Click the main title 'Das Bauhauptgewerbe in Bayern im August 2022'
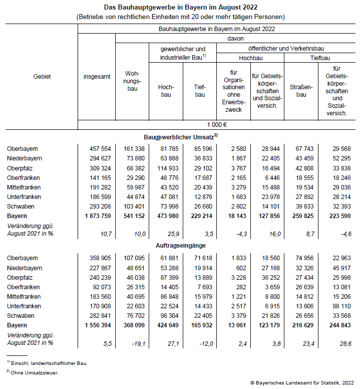(181, 8)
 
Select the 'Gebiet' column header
(42, 77)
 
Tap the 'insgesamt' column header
(97, 77)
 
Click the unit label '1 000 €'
(217, 125)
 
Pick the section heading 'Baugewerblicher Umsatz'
(181, 137)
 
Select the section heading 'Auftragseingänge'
(181, 246)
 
